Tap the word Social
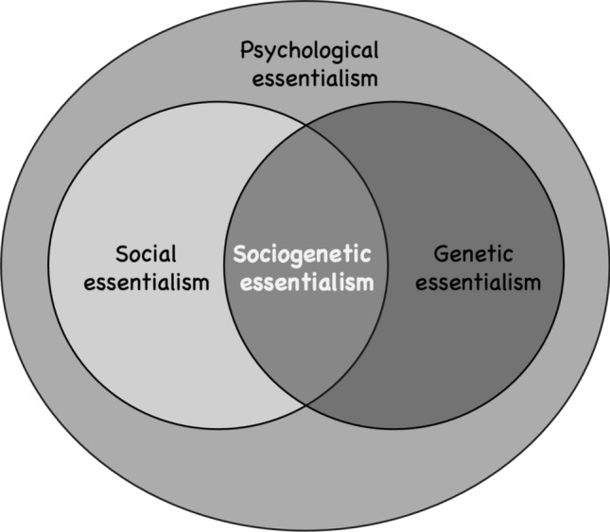146,253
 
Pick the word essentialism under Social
146,282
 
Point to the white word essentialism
304,282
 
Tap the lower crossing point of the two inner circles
305,406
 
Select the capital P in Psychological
246,49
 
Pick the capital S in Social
120,253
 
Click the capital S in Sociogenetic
239,253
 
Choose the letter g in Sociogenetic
296,257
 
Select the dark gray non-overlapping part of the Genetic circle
482,340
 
